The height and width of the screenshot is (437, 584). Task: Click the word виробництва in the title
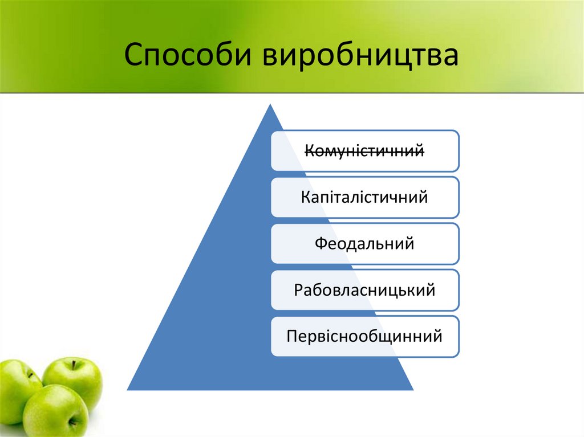360,58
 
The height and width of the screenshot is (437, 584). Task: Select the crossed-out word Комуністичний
365,151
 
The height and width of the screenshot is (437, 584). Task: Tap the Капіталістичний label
365,198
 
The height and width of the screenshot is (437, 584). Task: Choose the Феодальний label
365,244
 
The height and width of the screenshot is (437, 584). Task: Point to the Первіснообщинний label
365,336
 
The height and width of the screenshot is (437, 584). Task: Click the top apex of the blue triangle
271,105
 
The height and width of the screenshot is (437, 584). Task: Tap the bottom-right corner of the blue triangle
412,389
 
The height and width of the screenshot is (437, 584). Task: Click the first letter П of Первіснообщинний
292,336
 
